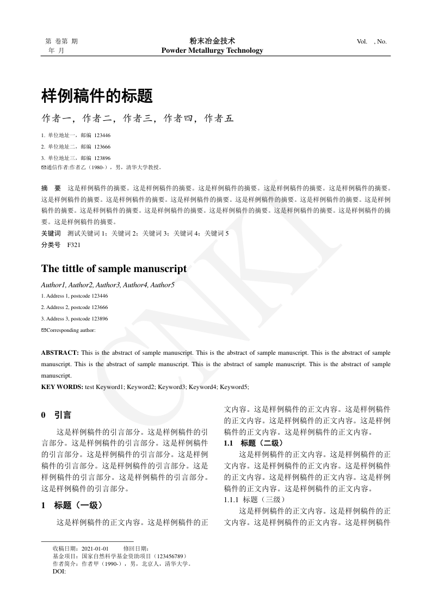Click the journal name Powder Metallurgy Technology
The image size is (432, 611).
[x=212, y=51]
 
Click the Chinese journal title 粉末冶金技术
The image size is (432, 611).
[x=212, y=41]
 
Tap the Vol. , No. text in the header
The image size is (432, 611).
[x=372, y=41]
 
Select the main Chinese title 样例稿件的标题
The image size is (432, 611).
[x=97, y=96]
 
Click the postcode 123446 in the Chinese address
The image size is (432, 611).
[x=102, y=135]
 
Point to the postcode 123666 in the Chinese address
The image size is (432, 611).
[x=102, y=146]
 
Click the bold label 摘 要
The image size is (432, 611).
[x=51, y=187]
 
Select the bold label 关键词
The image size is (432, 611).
[x=51, y=233]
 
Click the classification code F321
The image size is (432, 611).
[x=74, y=245]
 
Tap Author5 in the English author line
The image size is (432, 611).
[x=162, y=285]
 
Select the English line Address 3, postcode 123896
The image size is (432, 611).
[x=75, y=319]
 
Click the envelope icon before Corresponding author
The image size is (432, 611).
[x=44, y=330]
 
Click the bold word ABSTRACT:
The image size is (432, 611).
[x=60, y=353]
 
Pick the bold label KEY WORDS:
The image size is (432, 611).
[x=62, y=387]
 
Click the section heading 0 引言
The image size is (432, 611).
[x=56, y=415]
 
